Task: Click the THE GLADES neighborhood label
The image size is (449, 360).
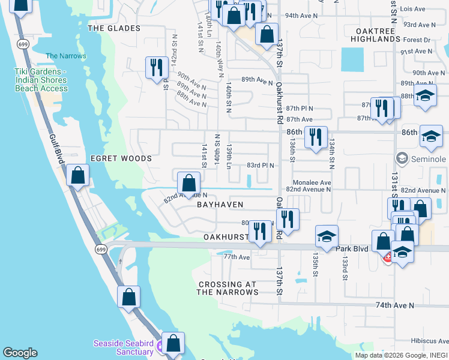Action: click(x=113, y=28)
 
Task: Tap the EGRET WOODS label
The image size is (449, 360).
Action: click(x=121, y=158)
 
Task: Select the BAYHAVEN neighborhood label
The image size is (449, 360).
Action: click(x=220, y=205)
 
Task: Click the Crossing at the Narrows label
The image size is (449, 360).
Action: click(x=228, y=288)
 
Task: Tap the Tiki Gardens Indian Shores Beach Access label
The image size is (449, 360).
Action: click(x=41, y=80)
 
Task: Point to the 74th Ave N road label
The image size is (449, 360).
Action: click(x=395, y=305)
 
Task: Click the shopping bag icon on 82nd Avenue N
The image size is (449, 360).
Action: click(x=189, y=182)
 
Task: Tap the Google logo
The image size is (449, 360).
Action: click(x=20, y=353)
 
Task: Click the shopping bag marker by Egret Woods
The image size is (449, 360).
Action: click(x=78, y=175)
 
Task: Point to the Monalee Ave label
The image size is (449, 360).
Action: click(x=312, y=182)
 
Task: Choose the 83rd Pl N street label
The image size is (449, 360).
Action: click(x=260, y=165)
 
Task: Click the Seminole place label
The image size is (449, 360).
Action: click(x=429, y=159)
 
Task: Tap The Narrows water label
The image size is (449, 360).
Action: click(x=66, y=56)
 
